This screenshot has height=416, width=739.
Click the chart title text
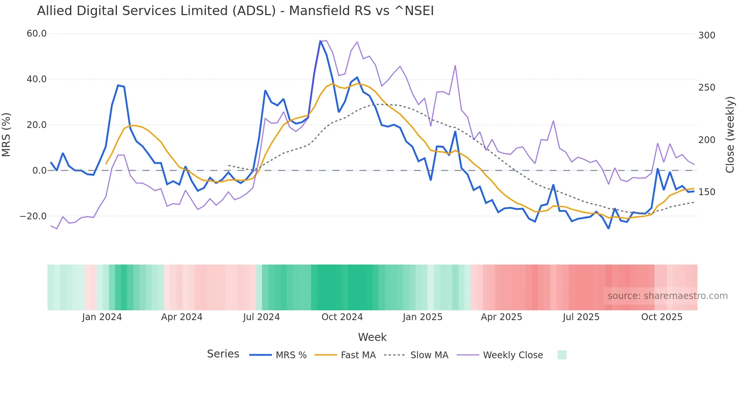coord(235,11)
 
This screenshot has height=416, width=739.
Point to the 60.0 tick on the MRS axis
coord(37,34)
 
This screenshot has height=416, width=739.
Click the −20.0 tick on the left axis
coord(33,216)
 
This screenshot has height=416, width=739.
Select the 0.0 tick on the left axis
coord(39,171)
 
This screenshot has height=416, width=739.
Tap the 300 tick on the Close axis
coord(707,35)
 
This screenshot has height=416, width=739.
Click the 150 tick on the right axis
coord(707,192)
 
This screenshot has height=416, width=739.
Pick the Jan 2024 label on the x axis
coord(102,317)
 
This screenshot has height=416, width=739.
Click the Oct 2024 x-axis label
coord(342,317)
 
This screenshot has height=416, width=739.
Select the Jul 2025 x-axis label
coord(581,317)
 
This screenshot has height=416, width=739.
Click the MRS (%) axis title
coord(6,135)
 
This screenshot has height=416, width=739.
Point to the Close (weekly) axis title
coord(730,135)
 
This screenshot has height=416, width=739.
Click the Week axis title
coord(372,337)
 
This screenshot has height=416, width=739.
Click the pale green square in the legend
coord(562,355)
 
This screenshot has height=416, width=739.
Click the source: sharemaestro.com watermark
coord(667,296)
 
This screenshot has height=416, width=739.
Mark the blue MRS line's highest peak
coord(320,41)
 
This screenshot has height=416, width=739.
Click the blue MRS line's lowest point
coord(609,228)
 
